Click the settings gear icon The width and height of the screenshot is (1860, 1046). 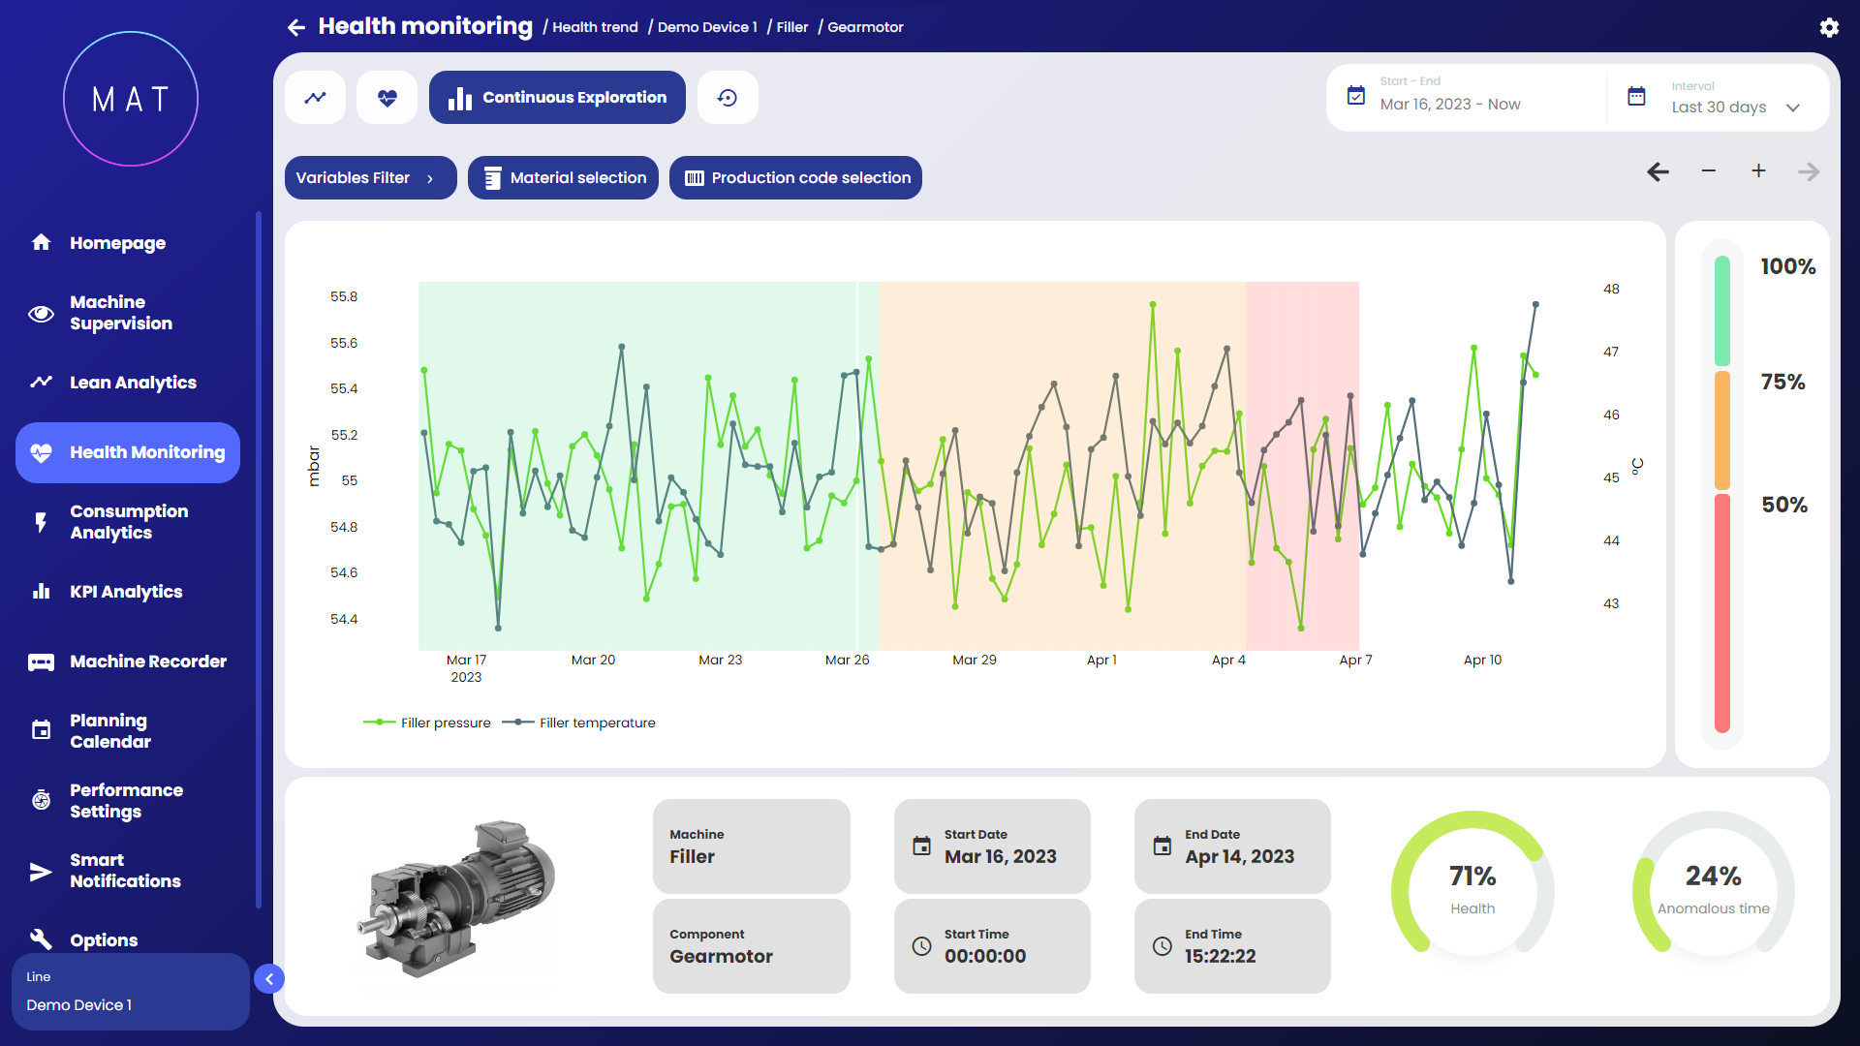click(x=1828, y=27)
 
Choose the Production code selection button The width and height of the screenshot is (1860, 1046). click(x=795, y=178)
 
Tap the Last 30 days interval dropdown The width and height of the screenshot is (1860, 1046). click(x=1733, y=108)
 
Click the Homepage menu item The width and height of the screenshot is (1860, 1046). click(x=117, y=243)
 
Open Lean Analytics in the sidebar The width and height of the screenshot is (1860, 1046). click(x=133, y=383)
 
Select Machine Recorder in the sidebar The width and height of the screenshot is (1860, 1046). click(x=147, y=661)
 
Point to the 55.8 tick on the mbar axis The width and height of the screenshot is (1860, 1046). click(x=344, y=296)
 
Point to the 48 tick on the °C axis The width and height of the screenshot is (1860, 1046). click(x=1611, y=289)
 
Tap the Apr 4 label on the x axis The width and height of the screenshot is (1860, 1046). click(x=1228, y=660)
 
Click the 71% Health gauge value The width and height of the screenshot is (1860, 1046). click(x=1472, y=877)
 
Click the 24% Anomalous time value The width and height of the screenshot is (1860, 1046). click(x=1713, y=877)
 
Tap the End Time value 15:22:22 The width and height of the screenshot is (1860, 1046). click(x=1220, y=956)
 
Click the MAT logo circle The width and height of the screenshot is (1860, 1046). click(x=131, y=99)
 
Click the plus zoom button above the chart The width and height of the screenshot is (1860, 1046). click(x=1758, y=171)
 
